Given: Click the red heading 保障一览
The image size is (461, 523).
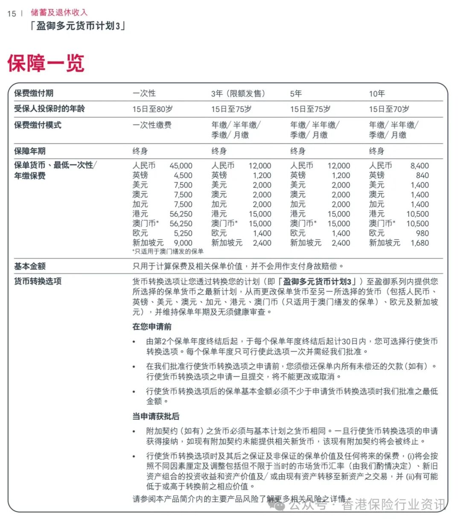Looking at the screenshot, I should click(46, 63).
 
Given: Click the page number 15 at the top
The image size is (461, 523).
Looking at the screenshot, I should click(12, 14).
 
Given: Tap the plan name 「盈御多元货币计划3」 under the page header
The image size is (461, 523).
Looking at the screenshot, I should click(78, 26).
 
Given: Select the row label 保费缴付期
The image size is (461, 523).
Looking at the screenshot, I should click(34, 93).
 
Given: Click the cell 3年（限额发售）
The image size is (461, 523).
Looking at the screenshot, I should click(238, 93).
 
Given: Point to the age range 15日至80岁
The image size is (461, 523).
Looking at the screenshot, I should click(152, 109).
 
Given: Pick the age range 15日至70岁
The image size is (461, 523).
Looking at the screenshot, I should click(389, 109).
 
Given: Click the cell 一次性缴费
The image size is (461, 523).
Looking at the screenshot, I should click(152, 125).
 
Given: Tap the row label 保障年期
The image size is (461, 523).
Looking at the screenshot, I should click(30, 151).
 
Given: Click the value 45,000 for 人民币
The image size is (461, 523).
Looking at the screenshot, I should click(181, 166).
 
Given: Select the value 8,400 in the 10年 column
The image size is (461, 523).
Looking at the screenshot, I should click(420, 166).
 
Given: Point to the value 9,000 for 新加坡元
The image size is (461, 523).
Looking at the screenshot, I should click(183, 243).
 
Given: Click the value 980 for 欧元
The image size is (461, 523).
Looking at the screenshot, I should click(422, 234).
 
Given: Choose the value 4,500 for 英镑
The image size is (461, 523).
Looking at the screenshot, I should click(183, 175).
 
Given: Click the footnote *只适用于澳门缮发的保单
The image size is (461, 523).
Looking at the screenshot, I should click(168, 251).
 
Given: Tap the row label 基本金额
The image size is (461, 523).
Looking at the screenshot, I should click(30, 266).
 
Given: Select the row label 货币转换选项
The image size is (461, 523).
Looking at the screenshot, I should click(38, 281).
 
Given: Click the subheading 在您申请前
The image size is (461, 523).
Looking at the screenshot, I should click(152, 327).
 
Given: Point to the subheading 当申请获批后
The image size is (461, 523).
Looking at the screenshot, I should click(156, 416).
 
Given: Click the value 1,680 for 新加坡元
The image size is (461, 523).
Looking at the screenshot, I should click(420, 243).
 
